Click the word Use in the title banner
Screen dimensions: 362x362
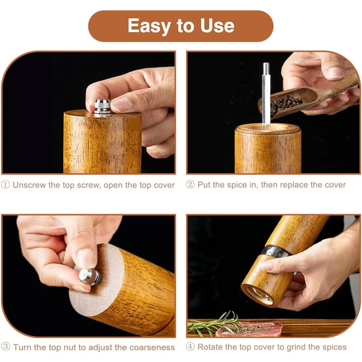coord(217,25)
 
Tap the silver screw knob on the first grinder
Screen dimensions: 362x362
coord(102,107)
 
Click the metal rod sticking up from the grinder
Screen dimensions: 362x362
coord(266,93)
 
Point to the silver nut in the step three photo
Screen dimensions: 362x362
coord(89,277)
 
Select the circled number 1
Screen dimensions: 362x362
coord(5,185)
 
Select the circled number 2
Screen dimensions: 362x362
coord(190,185)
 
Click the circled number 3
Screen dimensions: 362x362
coord(6,347)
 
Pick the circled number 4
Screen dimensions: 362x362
coord(190,347)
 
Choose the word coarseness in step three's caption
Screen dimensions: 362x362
coord(152,347)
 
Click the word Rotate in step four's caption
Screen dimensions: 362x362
coord(210,347)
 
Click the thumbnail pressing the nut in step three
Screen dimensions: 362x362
coord(86,259)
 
